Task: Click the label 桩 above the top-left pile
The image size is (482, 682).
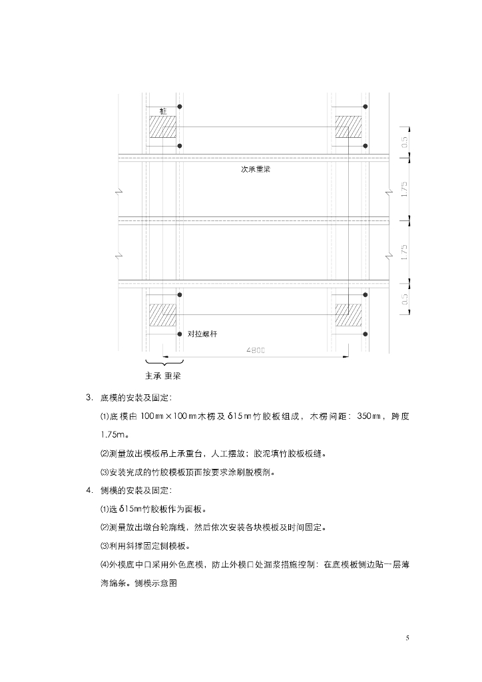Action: (x=163, y=109)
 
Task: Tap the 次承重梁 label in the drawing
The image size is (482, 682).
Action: (x=255, y=169)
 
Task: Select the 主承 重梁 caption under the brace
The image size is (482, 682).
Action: (x=163, y=376)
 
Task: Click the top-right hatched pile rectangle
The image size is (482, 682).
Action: (x=348, y=127)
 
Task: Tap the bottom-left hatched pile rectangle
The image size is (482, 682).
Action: (x=162, y=314)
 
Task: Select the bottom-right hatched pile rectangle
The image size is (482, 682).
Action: (x=348, y=314)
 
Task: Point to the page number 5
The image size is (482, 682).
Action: (x=407, y=638)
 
